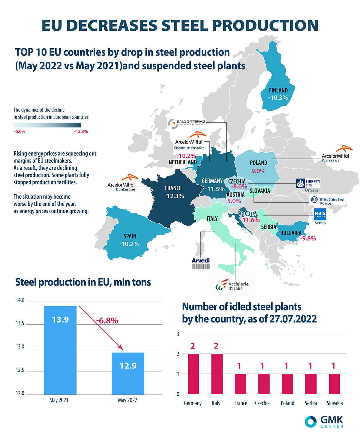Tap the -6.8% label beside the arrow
107,321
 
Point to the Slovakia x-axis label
334,403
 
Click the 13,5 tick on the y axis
20,323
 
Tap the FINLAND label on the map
278,90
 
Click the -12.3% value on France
174,196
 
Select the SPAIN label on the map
130,236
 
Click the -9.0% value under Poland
257,171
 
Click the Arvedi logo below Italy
200,263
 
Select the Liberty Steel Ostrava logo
308,183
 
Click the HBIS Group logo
320,215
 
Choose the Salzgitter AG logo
187,123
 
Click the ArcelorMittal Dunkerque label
121,186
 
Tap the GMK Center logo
324,422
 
